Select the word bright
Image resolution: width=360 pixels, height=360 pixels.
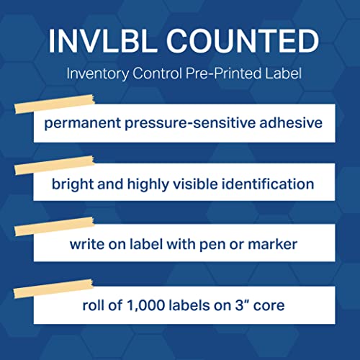[x=71, y=183]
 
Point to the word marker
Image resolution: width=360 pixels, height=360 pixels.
[x=273, y=244]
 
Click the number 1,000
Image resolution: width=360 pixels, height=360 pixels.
[x=138, y=305]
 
